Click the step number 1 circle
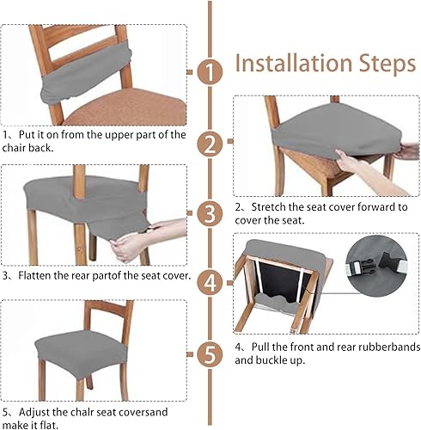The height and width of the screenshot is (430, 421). pos(208,73)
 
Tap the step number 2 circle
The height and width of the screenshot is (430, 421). pos(208,143)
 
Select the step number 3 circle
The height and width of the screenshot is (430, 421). pos(208,213)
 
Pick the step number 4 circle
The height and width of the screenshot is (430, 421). pos(208,283)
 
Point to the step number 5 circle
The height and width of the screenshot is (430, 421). pos(208,353)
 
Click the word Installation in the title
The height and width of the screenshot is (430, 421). pos(287,64)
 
